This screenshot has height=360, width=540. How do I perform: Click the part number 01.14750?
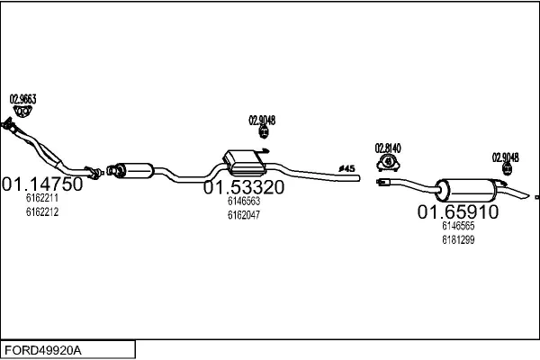point(42,184)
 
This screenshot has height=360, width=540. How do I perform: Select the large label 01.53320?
point(244,187)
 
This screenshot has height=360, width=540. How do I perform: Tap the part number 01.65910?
point(458,211)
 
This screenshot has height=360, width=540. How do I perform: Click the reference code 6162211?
point(42,198)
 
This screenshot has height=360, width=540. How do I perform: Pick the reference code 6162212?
point(42,211)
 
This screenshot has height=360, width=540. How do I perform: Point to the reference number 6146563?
point(244,202)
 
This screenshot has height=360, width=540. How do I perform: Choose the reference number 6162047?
point(244,215)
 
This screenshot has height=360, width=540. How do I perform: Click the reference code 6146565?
point(458,226)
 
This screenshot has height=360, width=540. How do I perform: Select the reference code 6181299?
point(458,239)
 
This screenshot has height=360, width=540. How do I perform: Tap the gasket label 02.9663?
point(22,99)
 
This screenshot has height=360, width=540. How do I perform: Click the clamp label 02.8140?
point(388,148)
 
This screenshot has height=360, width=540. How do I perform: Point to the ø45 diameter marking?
point(346,168)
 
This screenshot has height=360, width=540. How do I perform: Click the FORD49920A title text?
point(43,350)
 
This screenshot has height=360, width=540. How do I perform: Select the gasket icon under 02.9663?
point(22,112)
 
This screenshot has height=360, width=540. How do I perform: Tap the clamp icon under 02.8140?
point(388,163)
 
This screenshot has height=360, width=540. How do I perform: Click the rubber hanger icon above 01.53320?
point(264,132)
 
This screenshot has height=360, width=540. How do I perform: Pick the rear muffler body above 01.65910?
point(466,190)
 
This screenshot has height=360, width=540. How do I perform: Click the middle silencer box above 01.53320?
point(245,162)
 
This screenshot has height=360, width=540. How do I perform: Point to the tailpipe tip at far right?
point(526,195)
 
